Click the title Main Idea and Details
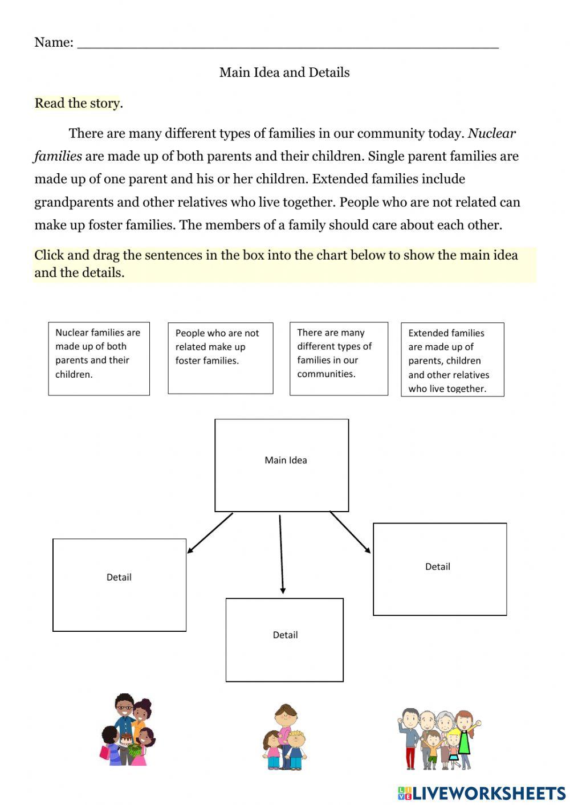click(x=284, y=72)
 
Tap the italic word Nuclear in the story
click(x=491, y=133)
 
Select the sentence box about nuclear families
click(x=99, y=358)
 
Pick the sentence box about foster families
click(x=220, y=358)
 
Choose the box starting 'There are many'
click(x=339, y=358)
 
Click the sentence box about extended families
click(x=452, y=359)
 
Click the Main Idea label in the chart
click(x=286, y=460)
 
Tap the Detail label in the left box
click(x=119, y=577)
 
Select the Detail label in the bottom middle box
click(x=285, y=635)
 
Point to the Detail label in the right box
click(x=438, y=566)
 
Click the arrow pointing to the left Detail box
click(x=209, y=533)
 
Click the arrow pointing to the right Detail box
click(x=350, y=532)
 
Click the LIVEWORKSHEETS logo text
click(x=488, y=793)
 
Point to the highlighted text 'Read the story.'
click(x=79, y=103)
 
